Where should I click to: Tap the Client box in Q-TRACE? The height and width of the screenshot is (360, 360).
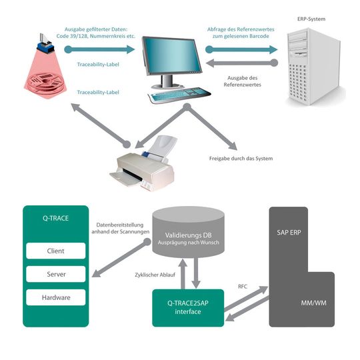click(55, 251)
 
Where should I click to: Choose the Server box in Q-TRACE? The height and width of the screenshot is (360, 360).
click(55, 273)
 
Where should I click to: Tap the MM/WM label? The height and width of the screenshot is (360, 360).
click(311, 304)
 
